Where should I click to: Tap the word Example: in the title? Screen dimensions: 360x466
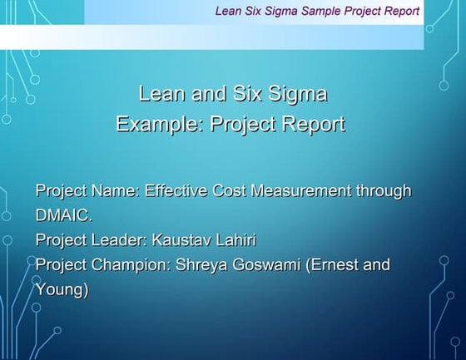tap(159, 125)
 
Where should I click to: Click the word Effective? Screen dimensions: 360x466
tap(176, 191)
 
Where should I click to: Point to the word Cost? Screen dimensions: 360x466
tap(232, 191)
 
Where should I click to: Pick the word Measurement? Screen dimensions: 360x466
tap(307, 191)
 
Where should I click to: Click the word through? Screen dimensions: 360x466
tap(384, 191)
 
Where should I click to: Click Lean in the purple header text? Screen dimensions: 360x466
tap(229, 12)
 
